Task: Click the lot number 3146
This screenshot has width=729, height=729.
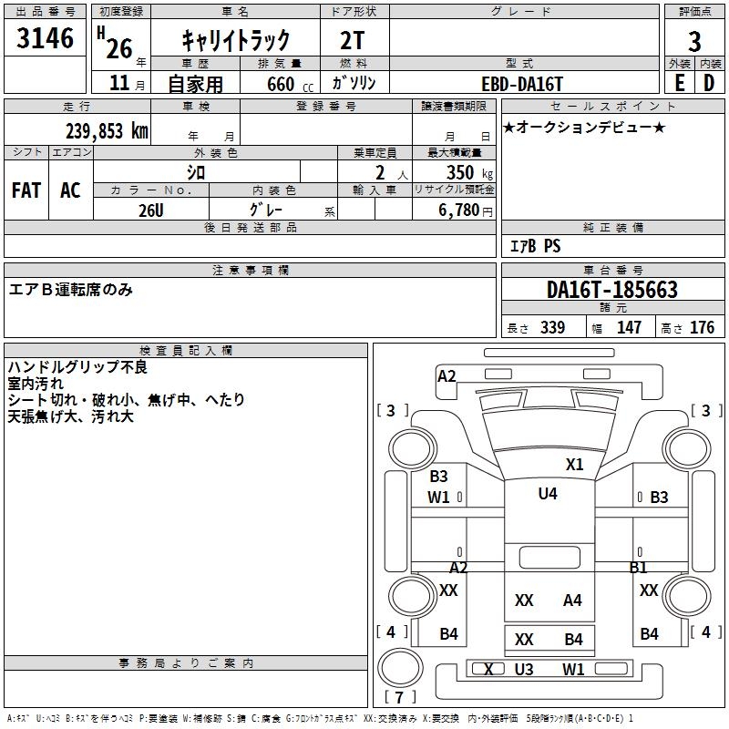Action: (x=46, y=39)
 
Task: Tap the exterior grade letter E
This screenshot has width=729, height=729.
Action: (x=679, y=82)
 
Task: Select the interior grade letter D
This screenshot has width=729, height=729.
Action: (x=709, y=82)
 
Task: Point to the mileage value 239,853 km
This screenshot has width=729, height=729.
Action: (x=107, y=130)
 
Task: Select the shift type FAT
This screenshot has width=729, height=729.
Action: (x=26, y=190)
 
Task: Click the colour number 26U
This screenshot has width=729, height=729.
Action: (x=150, y=210)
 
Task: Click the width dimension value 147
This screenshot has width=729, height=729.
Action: (x=630, y=327)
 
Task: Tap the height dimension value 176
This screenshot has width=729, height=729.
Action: (x=702, y=327)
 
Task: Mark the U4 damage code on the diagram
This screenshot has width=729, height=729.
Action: (x=548, y=494)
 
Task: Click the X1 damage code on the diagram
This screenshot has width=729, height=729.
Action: (x=574, y=464)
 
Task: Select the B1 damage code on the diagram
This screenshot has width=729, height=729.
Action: (x=638, y=568)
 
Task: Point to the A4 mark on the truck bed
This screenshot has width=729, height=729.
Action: (x=572, y=600)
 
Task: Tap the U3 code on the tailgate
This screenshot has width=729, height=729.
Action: (x=523, y=670)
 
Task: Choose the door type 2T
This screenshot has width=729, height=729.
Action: (x=354, y=40)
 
